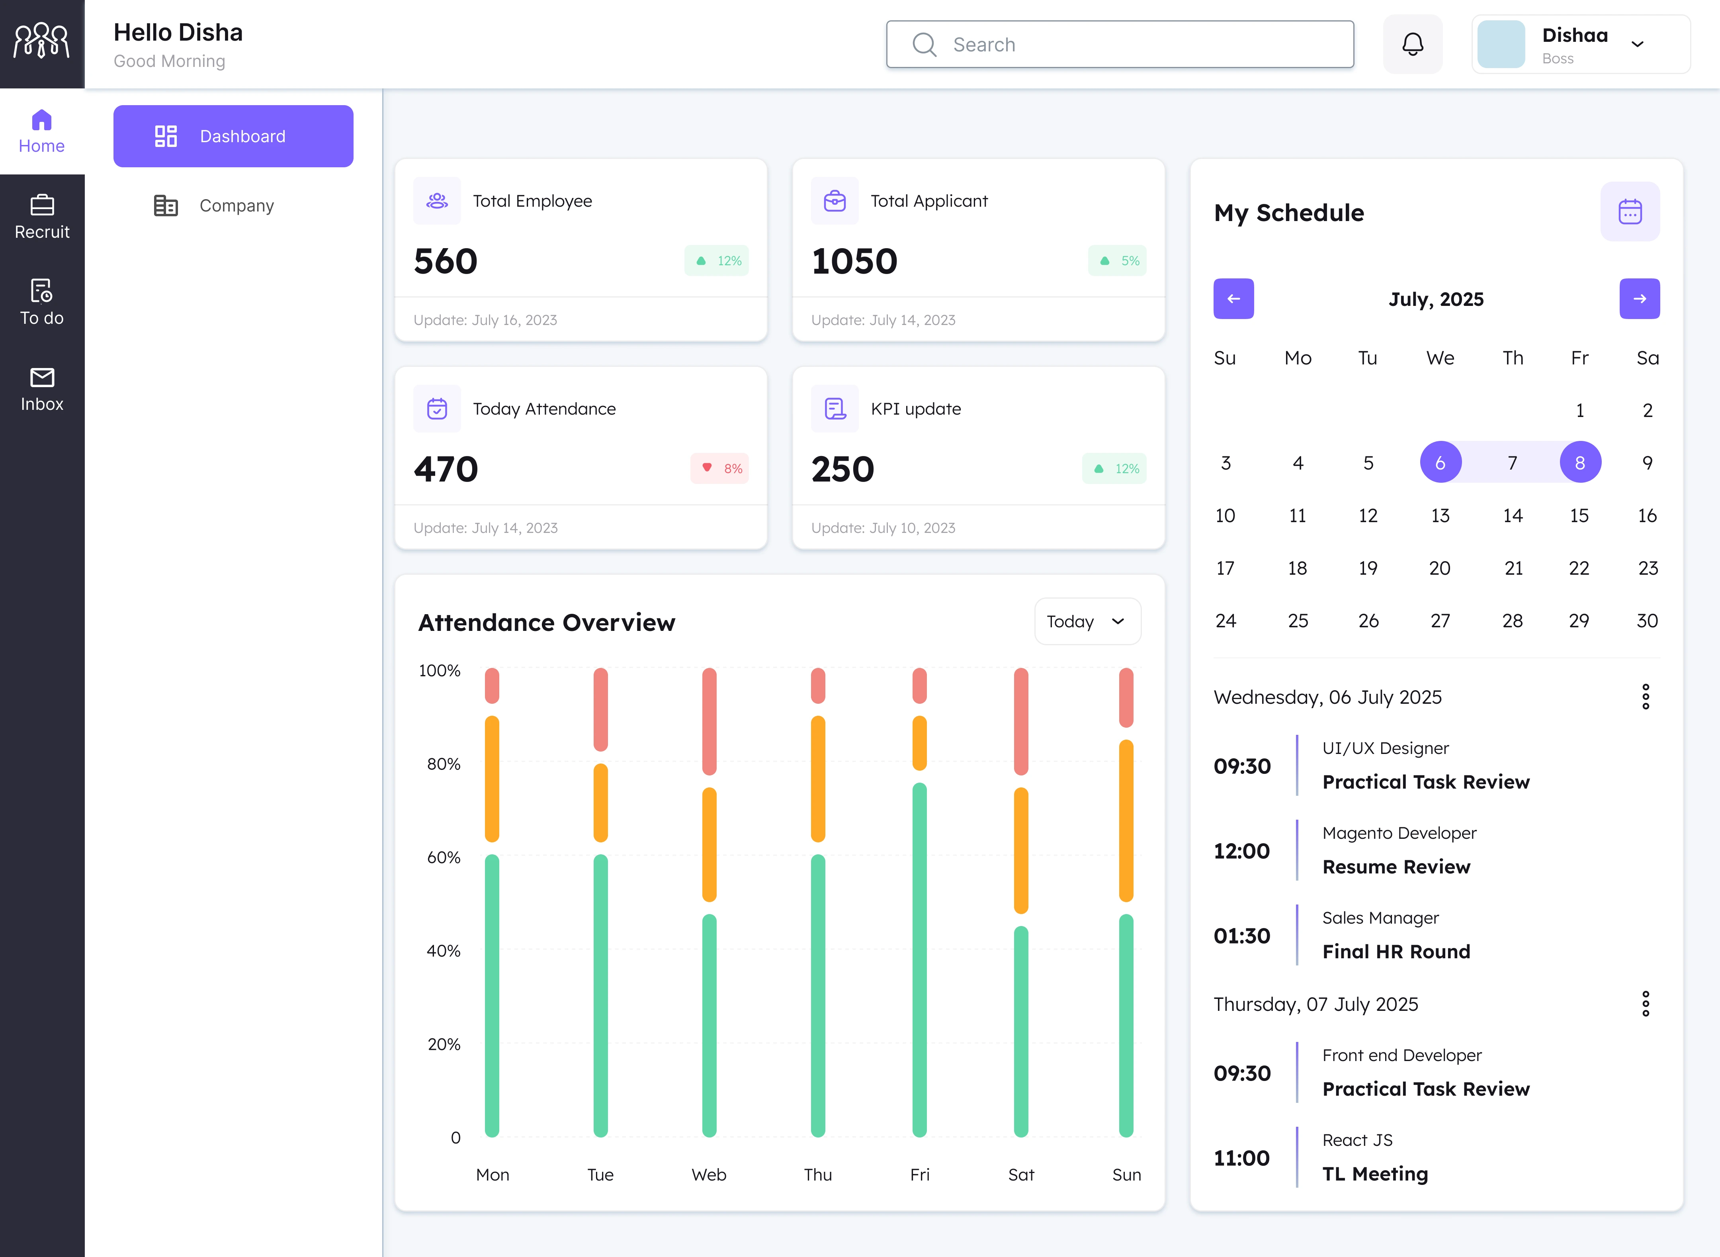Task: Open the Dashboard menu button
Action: pos(233,136)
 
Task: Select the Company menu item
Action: pos(236,206)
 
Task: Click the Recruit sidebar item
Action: pos(42,217)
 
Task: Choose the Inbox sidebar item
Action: pos(42,389)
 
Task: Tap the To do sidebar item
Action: pos(42,303)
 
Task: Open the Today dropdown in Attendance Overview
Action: pos(1086,622)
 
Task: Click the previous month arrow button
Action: pos(1233,299)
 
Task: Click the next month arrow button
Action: pos(1639,299)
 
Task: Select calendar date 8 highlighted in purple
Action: pos(1579,463)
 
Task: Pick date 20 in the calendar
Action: pos(1439,568)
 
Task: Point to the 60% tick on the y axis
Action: pos(444,858)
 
